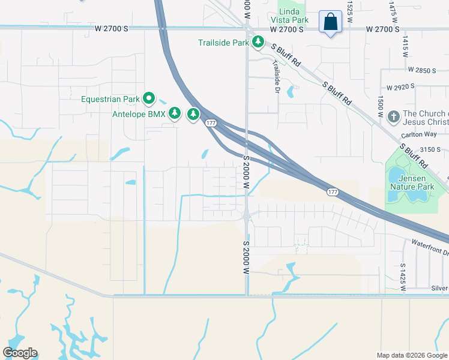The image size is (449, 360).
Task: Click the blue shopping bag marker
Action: (330, 23)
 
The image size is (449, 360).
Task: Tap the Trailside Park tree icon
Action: (258, 42)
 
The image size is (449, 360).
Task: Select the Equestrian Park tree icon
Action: (148, 98)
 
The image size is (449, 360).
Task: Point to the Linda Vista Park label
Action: (294, 16)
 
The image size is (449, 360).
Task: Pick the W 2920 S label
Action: (400, 87)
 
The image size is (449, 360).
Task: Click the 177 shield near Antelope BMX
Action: (210, 123)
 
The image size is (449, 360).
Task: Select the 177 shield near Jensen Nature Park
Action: (333, 192)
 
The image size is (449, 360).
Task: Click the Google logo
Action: (20, 353)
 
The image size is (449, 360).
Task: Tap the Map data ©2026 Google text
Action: (411, 355)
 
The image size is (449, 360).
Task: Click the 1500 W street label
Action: (380, 106)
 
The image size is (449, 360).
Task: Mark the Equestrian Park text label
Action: (110, 99)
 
